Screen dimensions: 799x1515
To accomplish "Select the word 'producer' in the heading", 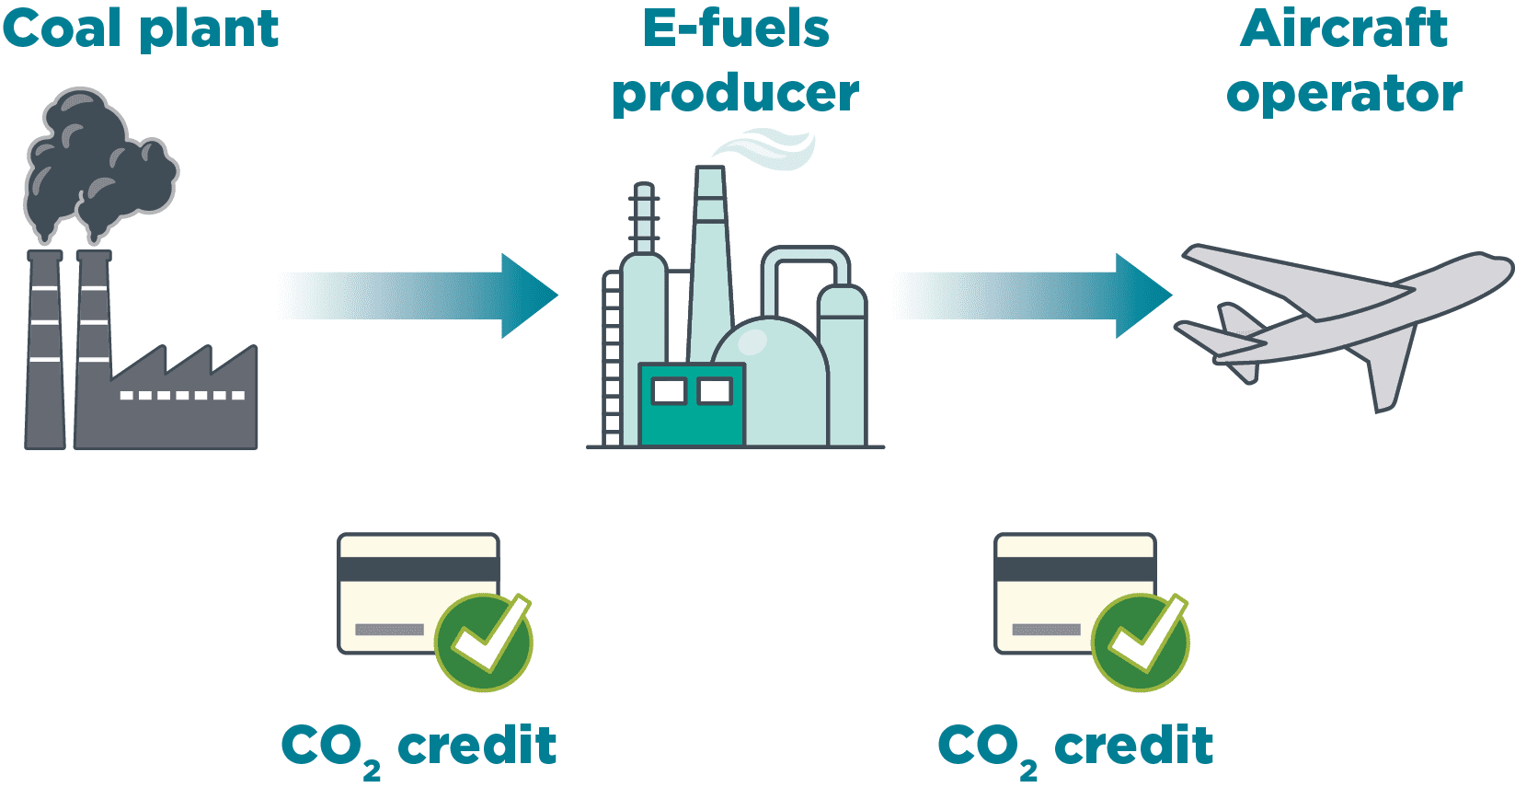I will (735, 94).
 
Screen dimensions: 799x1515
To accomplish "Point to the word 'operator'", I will (1344, 94).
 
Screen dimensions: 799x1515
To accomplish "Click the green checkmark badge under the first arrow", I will (484, 642).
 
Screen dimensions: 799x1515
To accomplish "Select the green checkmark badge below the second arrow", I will (1141, 642).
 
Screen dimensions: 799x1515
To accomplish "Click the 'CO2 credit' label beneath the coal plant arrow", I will (419, 747).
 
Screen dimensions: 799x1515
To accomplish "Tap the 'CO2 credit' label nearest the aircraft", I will (1075, 747).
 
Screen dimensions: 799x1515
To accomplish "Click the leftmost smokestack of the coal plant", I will (45, 350).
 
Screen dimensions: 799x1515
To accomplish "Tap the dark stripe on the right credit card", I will (1074, 569).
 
